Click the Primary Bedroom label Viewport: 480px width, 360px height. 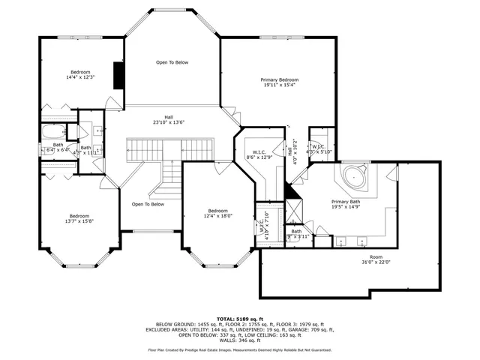(x=280, y=82)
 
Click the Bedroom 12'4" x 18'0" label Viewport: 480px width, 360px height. (x=218, y=214)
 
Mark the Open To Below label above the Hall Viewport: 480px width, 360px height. (x=172, y=62)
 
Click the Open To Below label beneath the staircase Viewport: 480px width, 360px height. (x=148, y=204)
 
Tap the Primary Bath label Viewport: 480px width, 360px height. (x=346, y=204)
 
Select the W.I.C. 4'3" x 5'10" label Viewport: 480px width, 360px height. (x=318, y=148)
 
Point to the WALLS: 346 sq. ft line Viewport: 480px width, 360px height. (x=240, y=340)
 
